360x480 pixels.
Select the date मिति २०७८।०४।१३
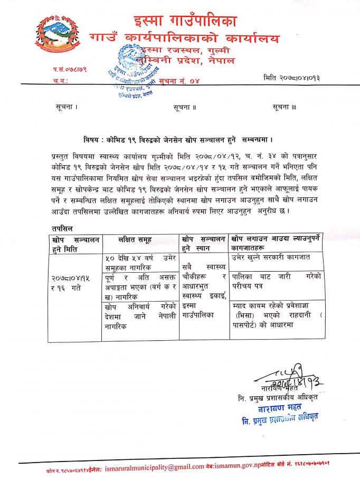291,78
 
